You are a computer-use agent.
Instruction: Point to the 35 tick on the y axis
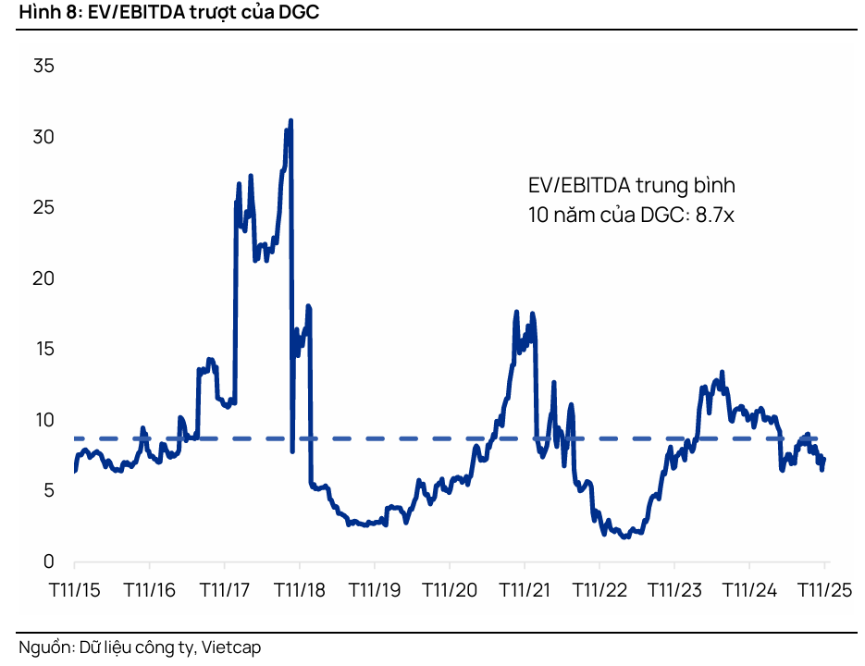(x=43, y=67)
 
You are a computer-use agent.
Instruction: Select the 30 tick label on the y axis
(x=43, y=137)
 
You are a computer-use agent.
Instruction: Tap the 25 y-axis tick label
(x=43, y=208)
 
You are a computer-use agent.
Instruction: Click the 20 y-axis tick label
(x=43, y=278)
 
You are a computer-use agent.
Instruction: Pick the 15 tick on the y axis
(x=43, y=349)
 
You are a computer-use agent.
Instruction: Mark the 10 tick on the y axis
(x=43, y=420)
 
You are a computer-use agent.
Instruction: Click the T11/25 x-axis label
(x=823, y=588)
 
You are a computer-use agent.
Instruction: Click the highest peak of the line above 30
(x=290, y=121)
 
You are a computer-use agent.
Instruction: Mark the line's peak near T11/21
(x=517, y=313)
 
